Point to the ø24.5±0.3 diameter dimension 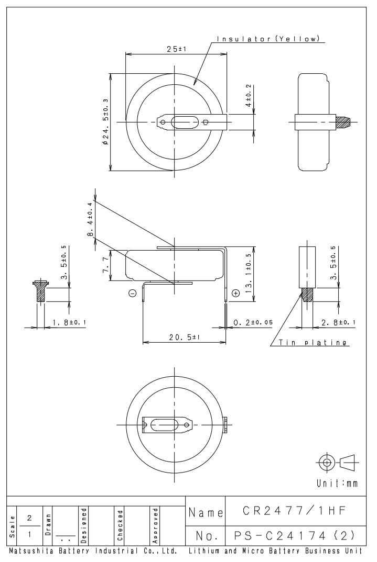(106, 122)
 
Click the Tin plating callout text (313, 343)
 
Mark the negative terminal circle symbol (132, 293)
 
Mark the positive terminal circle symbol (234, 293)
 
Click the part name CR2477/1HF (295, 509)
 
